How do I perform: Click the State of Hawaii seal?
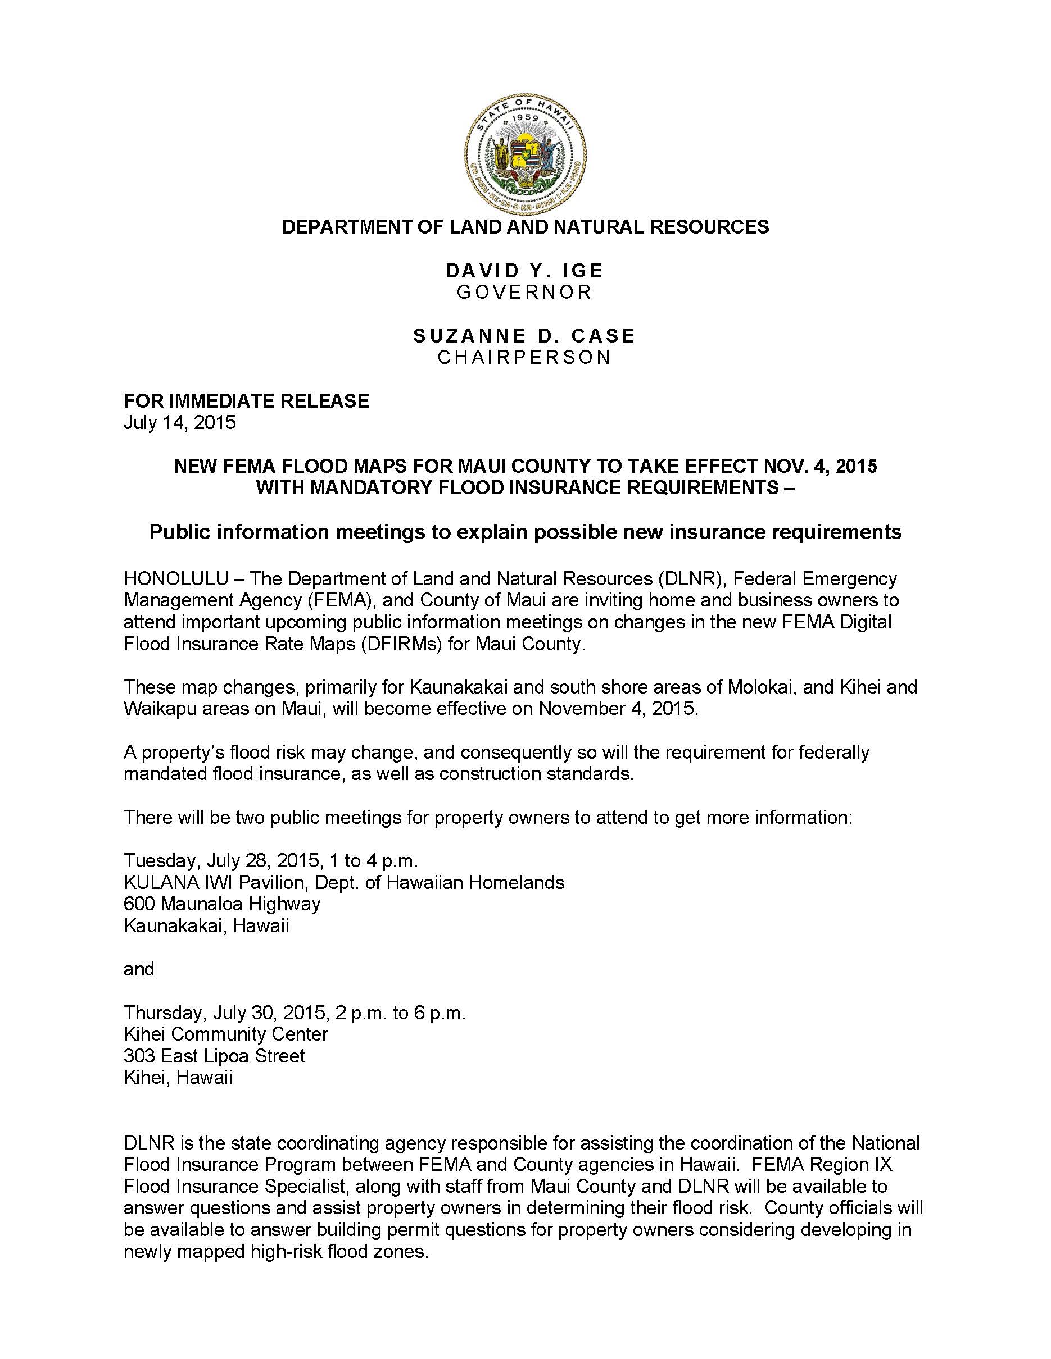(525, 154)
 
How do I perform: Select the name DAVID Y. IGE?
(524, 271)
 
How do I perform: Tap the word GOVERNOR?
(524, 292)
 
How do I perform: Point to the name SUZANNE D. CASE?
(524, 336)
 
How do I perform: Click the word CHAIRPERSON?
(524, 357)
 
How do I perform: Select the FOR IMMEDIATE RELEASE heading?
(247, 401)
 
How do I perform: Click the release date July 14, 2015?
(180, 422)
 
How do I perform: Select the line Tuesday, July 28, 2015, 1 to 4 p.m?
(271, 860)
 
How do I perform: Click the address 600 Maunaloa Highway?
(222, 904)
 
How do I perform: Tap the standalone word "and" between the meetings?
(139, 969)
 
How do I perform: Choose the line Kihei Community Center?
(226, 1034)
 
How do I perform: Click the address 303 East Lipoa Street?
(214, 1056)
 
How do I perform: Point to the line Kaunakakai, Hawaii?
(207, 925)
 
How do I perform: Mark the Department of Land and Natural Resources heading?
(525, 227)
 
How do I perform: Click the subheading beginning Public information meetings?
(525, 532)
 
